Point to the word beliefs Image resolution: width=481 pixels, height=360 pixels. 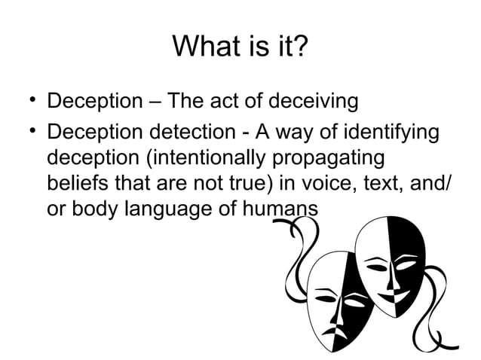click(76, 185)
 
